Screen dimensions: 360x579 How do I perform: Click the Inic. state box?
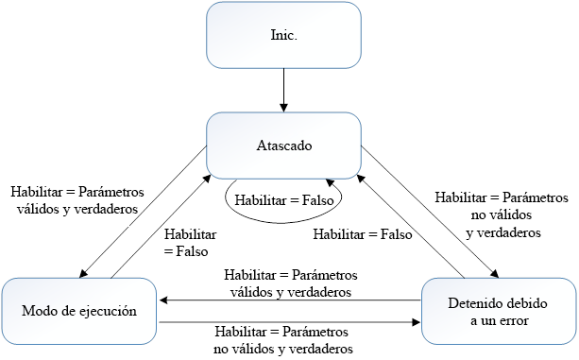(284, 37)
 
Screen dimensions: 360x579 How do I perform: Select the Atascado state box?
(284, 146)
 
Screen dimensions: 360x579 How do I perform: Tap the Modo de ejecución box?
(79, 309)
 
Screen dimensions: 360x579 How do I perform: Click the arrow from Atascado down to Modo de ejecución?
(142, 213)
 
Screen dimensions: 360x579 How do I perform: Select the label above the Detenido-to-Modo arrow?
(291, 283)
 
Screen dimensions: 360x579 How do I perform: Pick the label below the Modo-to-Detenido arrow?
(283, 341)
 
